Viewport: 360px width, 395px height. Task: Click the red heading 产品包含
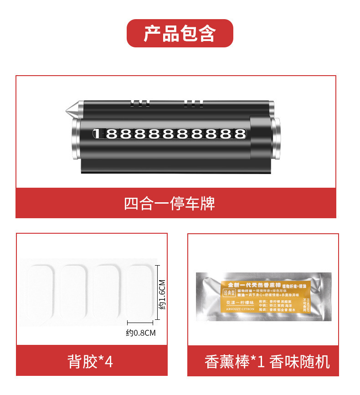180,33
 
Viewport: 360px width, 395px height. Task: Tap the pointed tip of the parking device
68,109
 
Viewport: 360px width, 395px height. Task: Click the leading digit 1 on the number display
97,134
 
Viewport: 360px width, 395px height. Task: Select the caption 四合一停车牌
170,203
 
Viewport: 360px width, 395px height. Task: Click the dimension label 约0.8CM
141,333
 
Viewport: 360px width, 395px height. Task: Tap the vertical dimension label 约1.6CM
162,295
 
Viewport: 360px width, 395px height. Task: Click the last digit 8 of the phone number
239,134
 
